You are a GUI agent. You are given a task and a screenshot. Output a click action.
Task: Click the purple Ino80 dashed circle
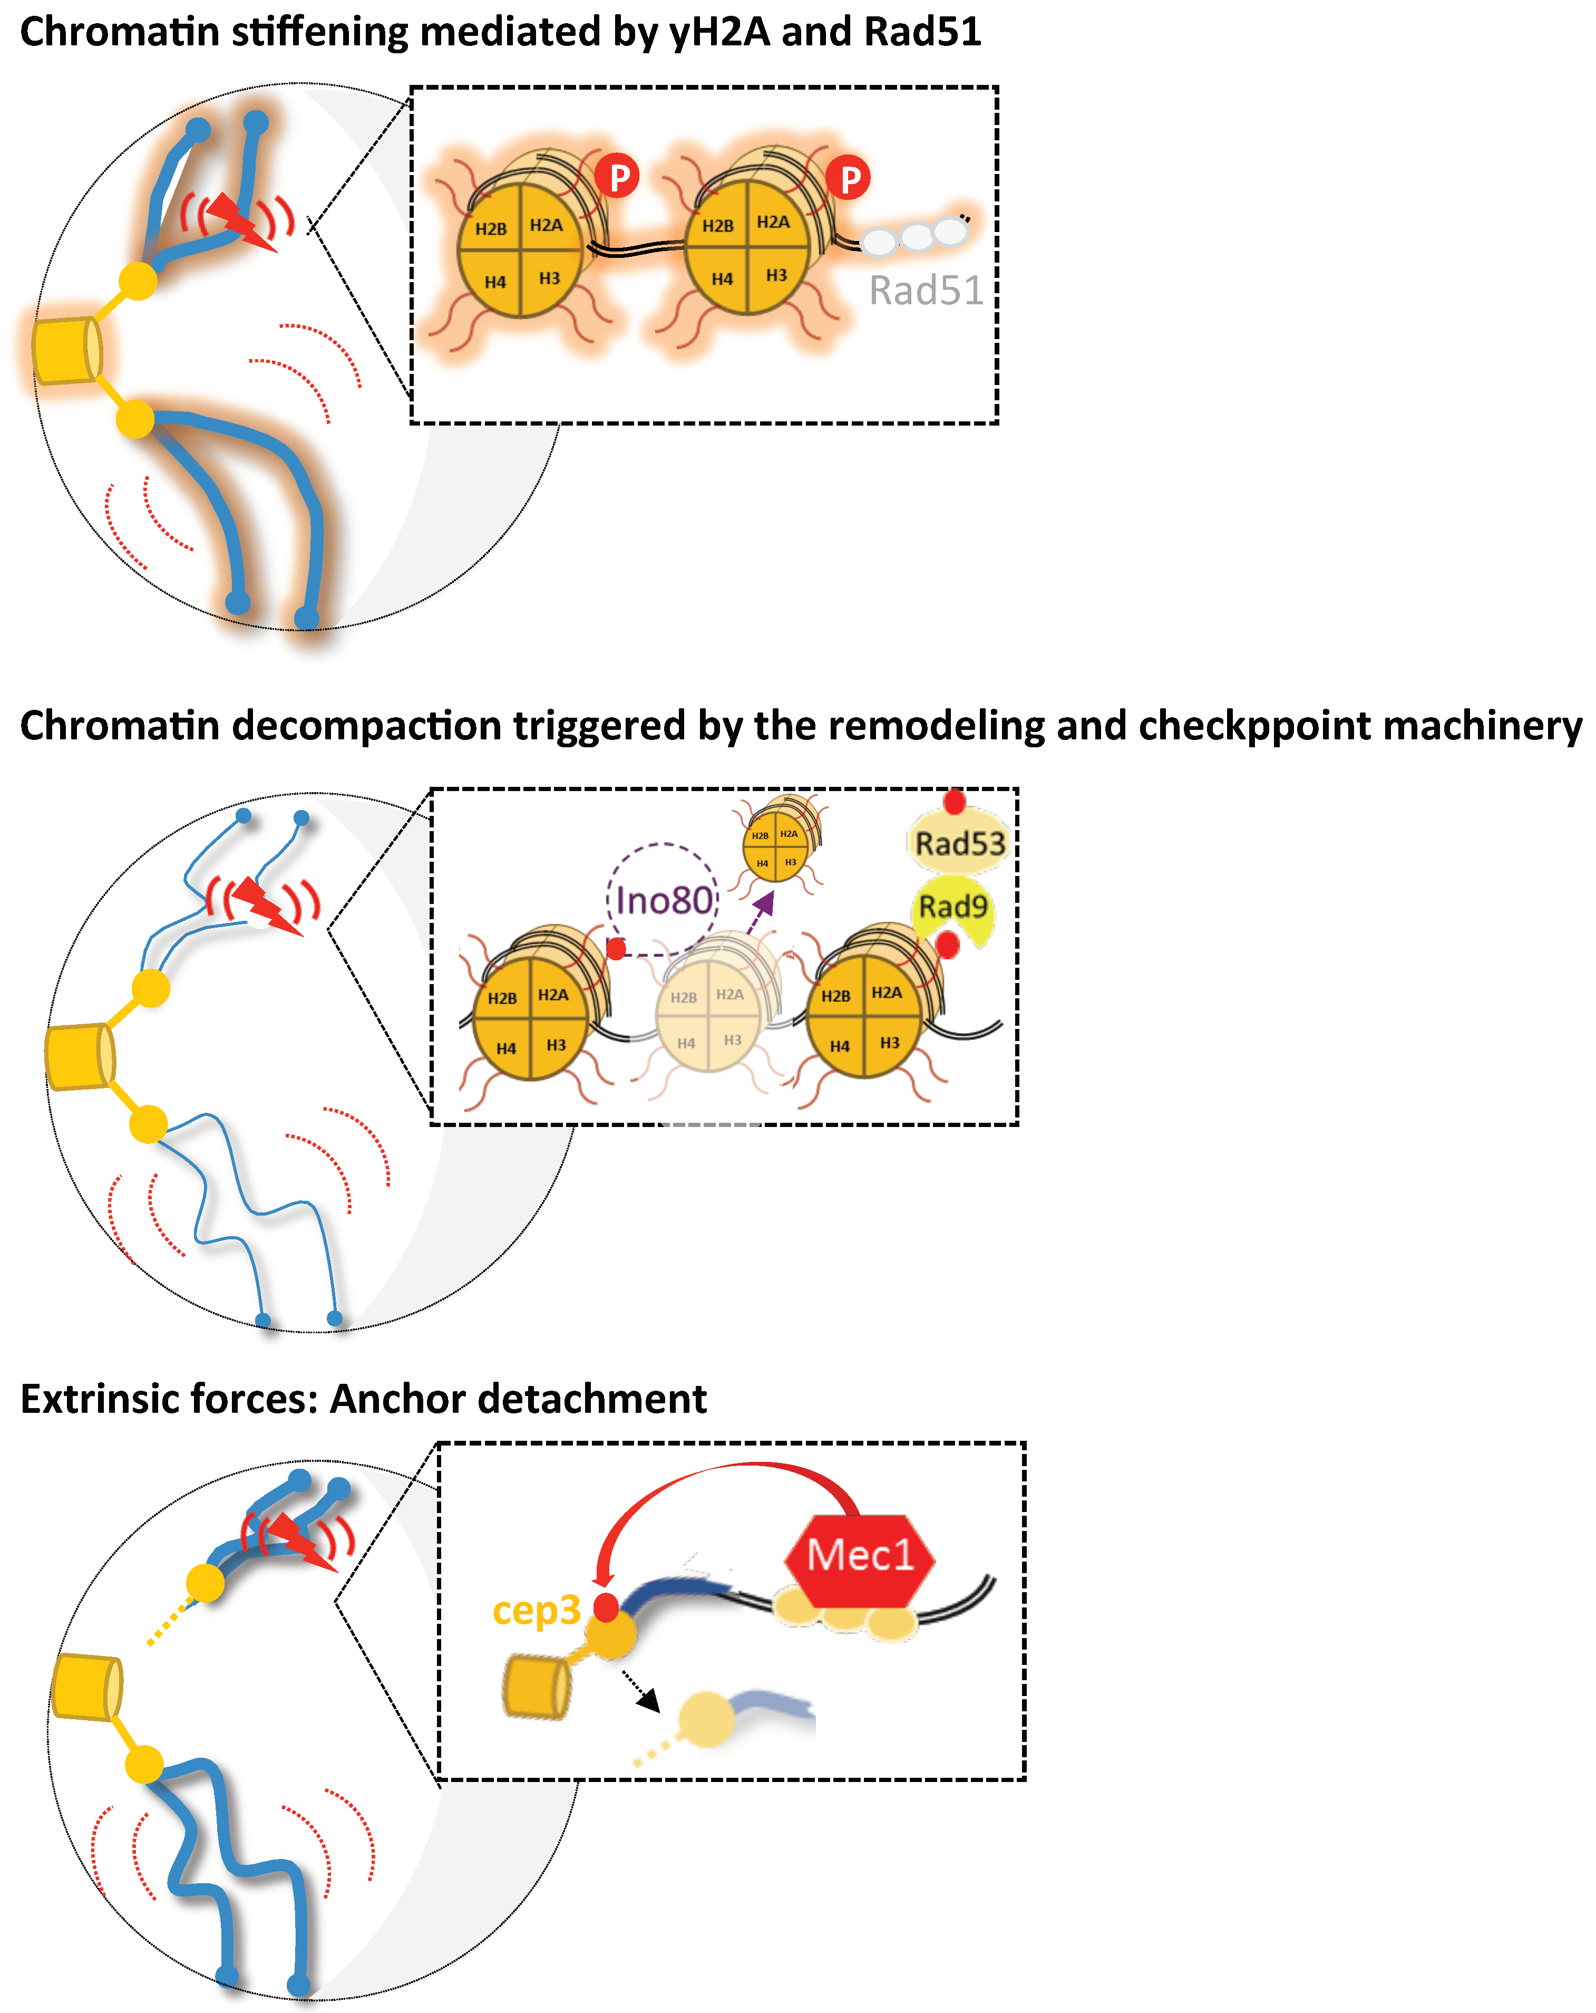pyautogui.click(x=663, y=899)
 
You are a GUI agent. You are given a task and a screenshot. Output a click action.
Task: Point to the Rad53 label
pyautogui.click(x=959, y=843)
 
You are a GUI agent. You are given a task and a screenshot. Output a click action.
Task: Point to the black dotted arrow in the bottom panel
pyautogui.click(x=641, y=1688)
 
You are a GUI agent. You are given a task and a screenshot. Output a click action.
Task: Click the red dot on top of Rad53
pyautogui.click(x=954, y=801)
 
